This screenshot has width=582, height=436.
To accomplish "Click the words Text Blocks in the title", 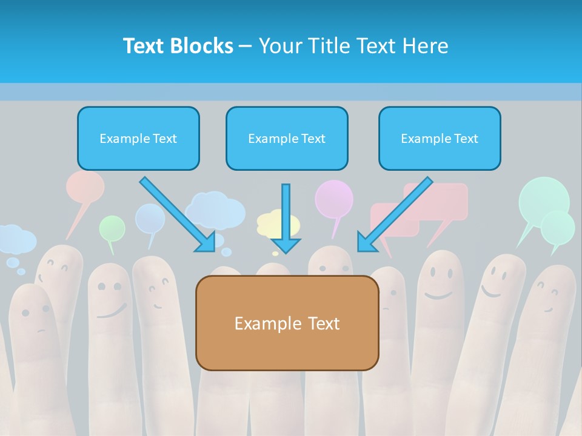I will tap(178, 46).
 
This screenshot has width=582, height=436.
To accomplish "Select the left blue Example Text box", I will tap(138, 139).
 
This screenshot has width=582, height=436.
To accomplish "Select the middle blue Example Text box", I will tap(287, 139).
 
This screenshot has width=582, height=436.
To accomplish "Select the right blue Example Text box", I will tap(440, 139).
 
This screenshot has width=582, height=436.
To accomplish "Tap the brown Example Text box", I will tap(287, 323).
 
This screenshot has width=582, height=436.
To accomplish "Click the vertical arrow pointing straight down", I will tap(286, 218).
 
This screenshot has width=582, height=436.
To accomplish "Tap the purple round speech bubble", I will tap(333, 199).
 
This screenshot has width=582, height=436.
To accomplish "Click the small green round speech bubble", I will tap(112, 228).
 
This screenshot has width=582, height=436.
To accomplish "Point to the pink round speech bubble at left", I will tap(85, 187).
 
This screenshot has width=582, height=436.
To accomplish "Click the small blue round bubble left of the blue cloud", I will tap(150, 218).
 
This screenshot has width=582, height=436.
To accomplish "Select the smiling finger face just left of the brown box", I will tap(158, 291).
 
